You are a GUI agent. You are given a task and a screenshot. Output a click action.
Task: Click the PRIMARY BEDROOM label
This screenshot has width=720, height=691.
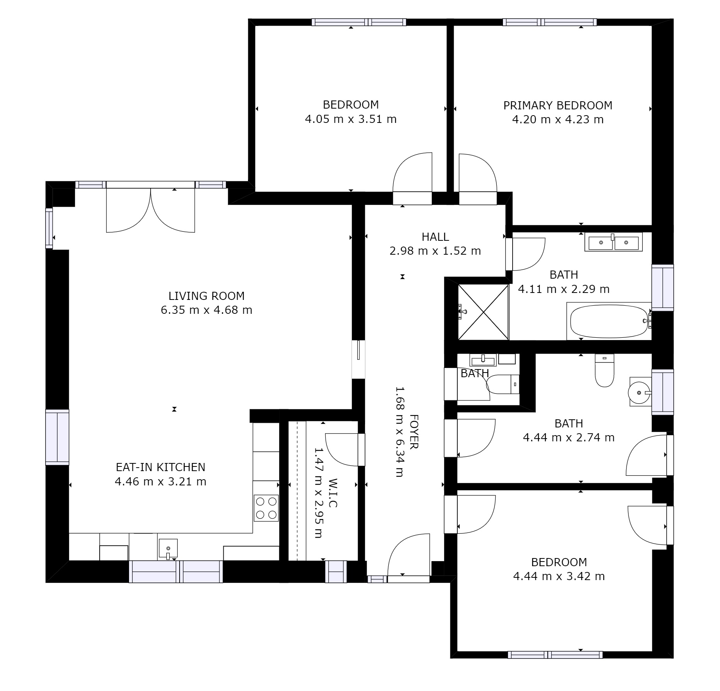(x=557, y=105)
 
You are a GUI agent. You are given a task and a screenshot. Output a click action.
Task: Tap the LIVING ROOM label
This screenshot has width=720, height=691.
(x=207, y=296)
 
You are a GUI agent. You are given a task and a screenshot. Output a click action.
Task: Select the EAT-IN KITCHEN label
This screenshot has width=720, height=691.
(x=161, y=467)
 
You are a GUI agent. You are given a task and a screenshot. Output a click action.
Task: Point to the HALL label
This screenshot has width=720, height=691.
(x=435, y=237)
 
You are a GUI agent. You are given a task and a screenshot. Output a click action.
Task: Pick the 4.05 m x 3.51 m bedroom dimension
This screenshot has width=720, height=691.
(x=351, y=119)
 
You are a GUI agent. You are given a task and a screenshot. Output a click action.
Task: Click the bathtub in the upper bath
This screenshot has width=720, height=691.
(x=609, y=321)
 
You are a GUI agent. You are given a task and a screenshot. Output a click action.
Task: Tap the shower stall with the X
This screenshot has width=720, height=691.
(x=483, y=312)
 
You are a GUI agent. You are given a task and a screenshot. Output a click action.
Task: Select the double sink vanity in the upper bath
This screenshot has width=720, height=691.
(x=613, y=242)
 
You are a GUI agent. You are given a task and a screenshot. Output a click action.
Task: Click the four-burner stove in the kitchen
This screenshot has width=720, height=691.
(x=266, y=508)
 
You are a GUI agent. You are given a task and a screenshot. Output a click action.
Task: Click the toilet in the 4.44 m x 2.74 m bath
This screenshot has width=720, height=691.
(x=605, y=370)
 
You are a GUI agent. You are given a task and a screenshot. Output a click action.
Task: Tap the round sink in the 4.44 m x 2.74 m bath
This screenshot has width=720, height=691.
(x=640, y=392)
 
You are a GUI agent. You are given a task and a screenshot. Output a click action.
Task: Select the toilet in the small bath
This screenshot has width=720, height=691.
(x=503, y=384)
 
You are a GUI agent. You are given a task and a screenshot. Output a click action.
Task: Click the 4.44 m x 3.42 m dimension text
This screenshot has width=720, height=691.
(x=559, y=576)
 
